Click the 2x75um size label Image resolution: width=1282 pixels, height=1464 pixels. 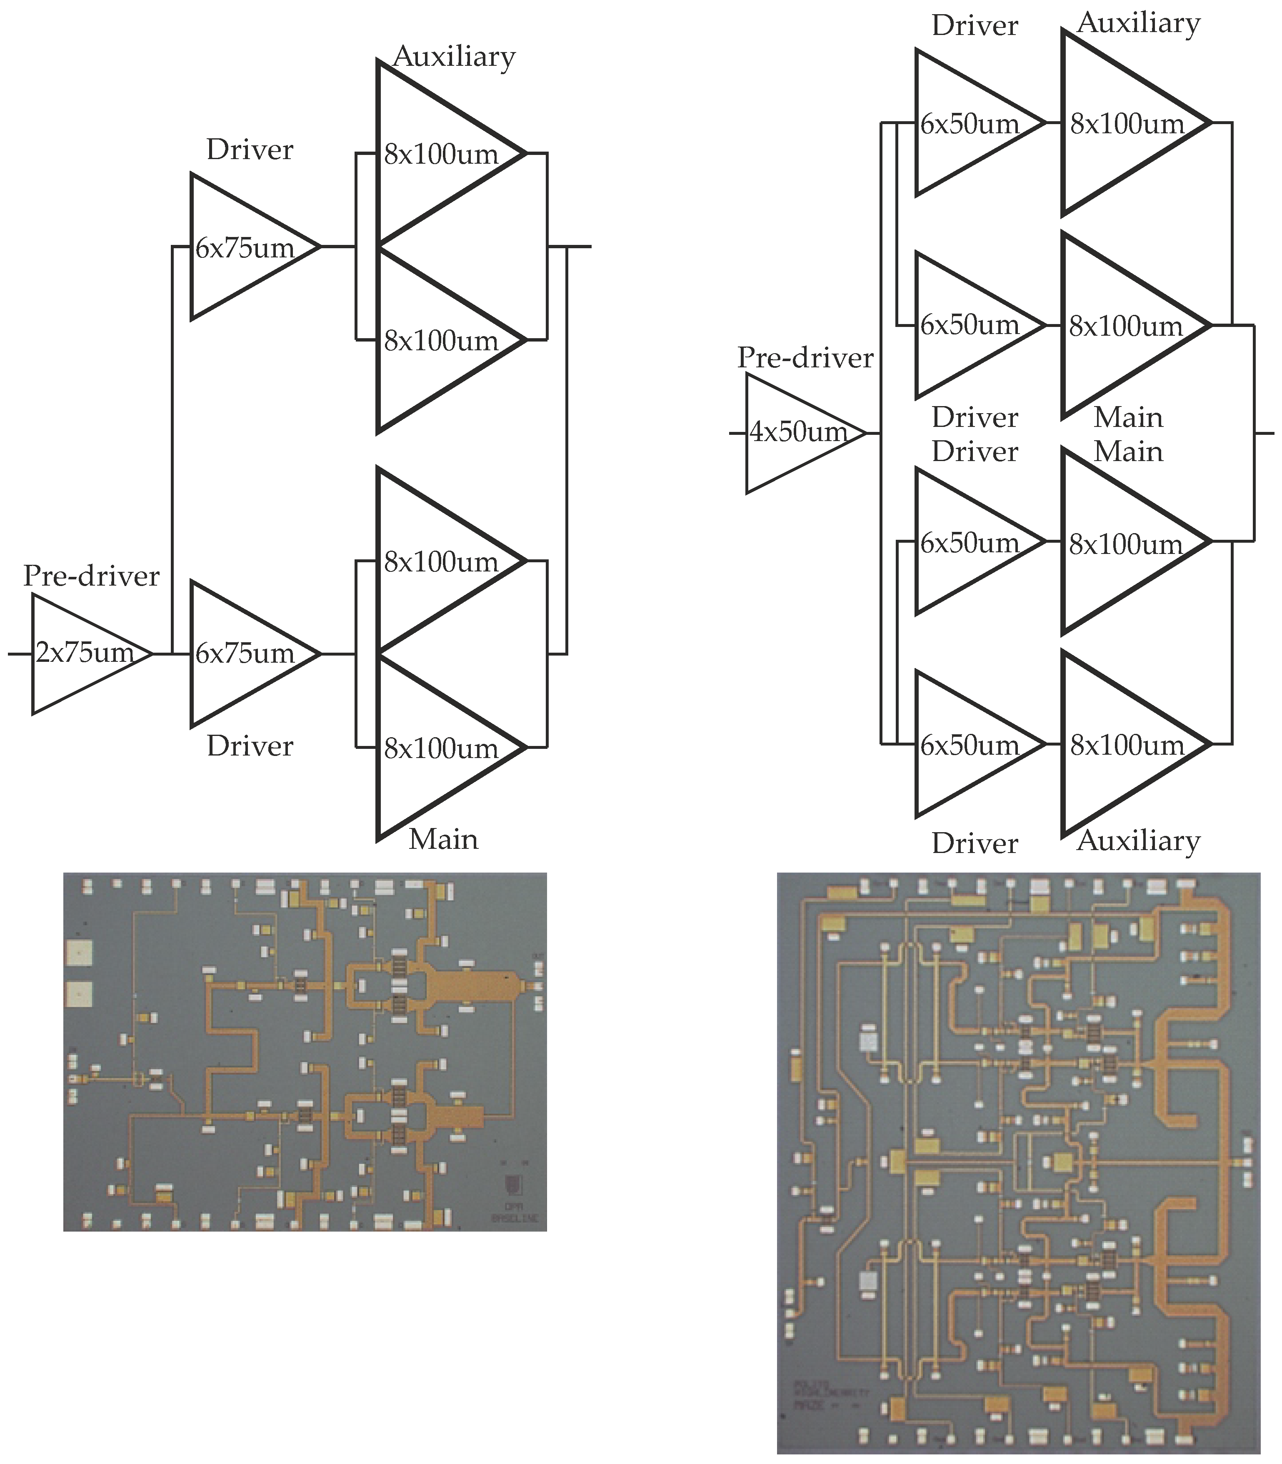click(x=85, y=653)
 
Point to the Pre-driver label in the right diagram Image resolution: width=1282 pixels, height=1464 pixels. click(x=805, y=358)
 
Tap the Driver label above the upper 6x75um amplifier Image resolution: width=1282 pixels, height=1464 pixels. click(x=250, y=150)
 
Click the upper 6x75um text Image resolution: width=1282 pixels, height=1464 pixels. click(x=245, y=249)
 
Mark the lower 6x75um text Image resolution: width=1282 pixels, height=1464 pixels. click(x=245, y=653)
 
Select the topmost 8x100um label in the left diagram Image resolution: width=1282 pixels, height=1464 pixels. click(x=441, y=155)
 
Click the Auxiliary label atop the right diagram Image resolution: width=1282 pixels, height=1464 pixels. click(x=1138, y=24)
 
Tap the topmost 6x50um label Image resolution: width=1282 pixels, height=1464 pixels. click(x=970, y=125)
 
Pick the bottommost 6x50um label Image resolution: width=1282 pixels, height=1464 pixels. click(x=970, y=746)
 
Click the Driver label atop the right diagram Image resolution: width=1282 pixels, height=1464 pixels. click(x=975, y=27)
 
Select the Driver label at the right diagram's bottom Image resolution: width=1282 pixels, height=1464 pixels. click(x=975, y=844)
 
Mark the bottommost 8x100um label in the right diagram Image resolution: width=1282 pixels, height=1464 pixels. click(x=1127, y=746)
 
